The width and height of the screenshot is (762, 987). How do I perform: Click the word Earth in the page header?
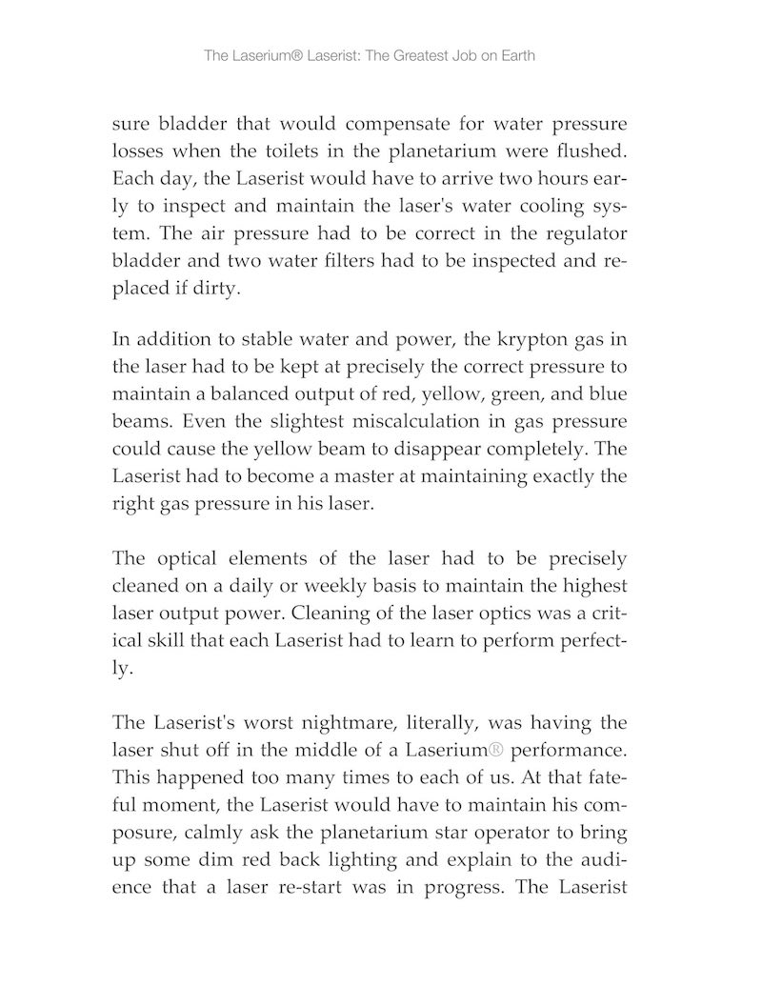(515, 55)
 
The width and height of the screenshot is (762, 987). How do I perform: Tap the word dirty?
(216, 289)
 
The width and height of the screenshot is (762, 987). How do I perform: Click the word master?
(373, 473)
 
